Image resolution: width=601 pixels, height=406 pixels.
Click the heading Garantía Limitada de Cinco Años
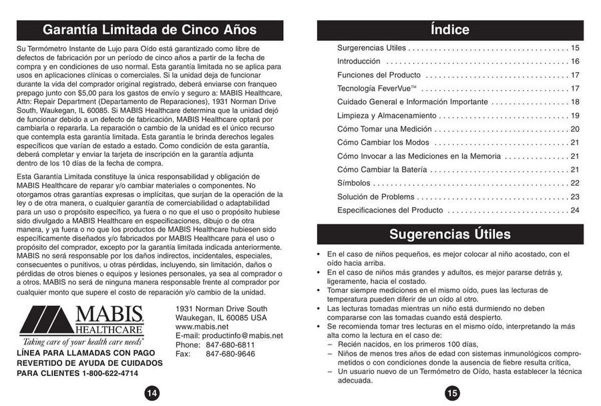click(150, 30)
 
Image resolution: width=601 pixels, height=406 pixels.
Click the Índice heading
click(450, 30)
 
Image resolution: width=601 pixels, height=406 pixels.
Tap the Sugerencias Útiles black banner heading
click(450, 234)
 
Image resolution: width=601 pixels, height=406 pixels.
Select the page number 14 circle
click(152, 393)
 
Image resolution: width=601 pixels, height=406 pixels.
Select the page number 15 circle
click(452, 393)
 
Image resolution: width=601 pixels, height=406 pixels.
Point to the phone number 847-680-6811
click(230, 345)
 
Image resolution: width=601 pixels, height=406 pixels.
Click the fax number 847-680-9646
click(230, 354)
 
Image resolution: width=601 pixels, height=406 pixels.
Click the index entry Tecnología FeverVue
click(377, 89)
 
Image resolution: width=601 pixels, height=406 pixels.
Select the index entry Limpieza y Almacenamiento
click(387, 116)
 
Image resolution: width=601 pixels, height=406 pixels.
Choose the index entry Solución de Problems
click(375, 197)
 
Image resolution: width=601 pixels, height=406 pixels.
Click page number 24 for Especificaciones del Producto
click(574, 210)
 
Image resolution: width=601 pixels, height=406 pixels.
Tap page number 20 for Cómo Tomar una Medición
click(574, 129)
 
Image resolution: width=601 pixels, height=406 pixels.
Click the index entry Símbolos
click(354, 183)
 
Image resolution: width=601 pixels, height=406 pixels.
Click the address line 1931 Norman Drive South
click(221, 309)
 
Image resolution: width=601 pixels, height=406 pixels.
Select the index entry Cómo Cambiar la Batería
click(383, 170)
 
